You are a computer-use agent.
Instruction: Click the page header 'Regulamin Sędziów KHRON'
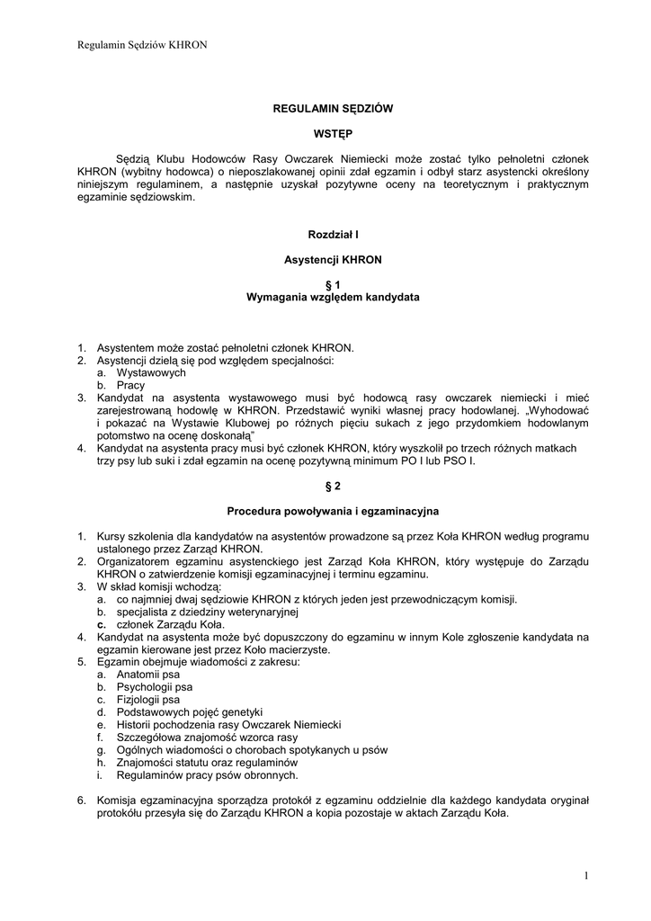pyautogui.click(x=130, y=45)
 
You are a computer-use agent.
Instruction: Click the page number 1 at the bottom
pyautogui.click(x=584, y=875)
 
